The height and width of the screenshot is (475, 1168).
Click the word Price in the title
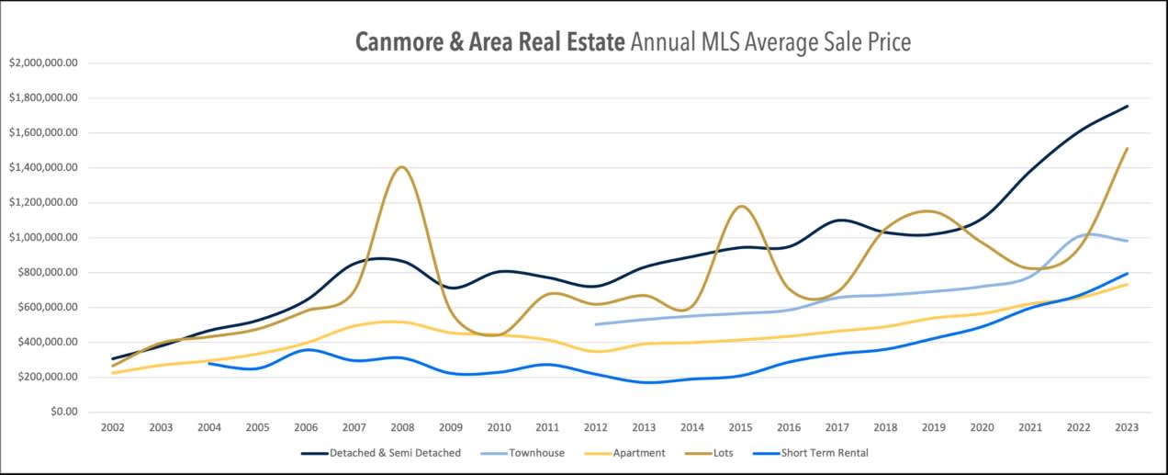[883, 42]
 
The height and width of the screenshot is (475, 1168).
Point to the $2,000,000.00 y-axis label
[44, 63]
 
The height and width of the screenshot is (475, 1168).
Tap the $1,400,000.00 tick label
[44, 168]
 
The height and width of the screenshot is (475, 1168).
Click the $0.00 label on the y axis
[62, 413]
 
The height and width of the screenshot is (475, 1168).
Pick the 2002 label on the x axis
[112, 429]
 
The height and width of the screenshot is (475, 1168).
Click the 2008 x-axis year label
[402, 429]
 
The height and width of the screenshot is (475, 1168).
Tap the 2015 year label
[740, 429]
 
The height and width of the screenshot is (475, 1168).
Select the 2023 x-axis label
[1127, 429]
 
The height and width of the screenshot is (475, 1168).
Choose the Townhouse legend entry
[537, 453]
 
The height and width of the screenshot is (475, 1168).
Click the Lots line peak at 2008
[402, 167]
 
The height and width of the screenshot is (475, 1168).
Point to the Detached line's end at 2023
[1127, 107]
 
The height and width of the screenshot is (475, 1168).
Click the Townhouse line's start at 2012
[596, 324]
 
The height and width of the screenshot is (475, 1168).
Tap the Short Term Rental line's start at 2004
[209, 363]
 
